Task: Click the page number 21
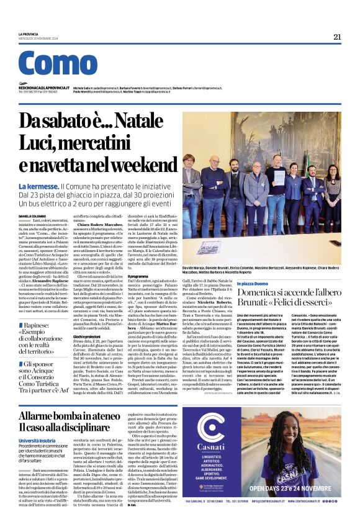337,37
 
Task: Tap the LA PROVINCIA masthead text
29,34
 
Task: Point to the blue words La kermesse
38,187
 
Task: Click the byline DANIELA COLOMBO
32,215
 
